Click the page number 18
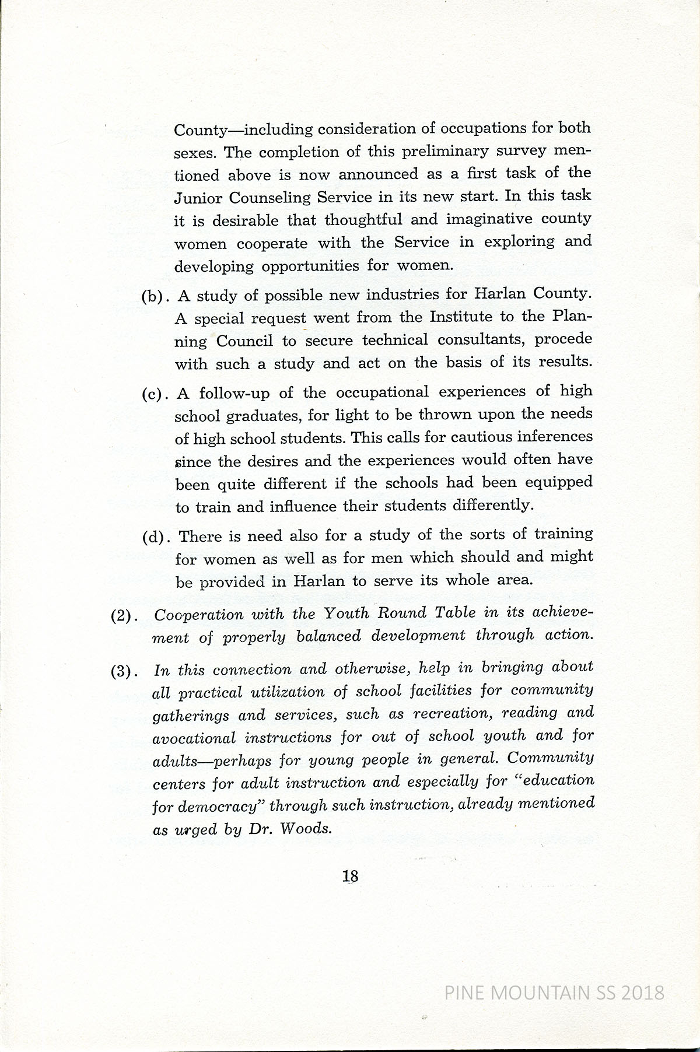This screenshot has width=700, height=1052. tap(351, 876)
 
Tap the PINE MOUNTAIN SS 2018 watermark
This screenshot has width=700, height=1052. tap(554, 993)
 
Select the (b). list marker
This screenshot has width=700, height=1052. tap(155, 296)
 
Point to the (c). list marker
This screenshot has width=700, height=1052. tap(155, 394)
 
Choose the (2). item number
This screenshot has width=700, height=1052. tap(124, 616)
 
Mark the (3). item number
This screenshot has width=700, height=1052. tap(124, 671)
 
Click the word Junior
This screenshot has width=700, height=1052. tap(197, 198)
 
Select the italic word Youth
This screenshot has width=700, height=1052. tap(346, 613)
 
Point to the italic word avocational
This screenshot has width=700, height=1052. tap(194, 738)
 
